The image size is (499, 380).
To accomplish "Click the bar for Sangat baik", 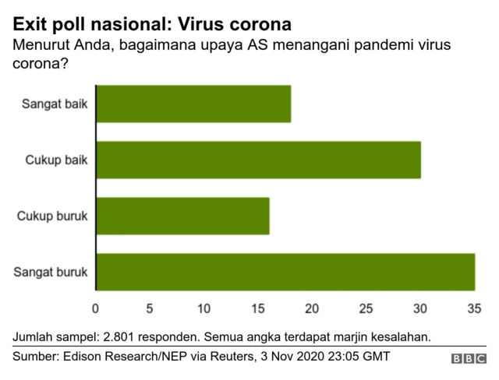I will pos(193,104).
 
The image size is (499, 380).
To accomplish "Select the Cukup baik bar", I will pos(258,160).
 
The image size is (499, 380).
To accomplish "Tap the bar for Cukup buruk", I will pos(182,216).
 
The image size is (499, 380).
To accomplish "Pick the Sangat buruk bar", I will pos(285,273).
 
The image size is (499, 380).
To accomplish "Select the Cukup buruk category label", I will pos(52,216).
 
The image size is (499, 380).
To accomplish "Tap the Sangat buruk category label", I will pos(51,273).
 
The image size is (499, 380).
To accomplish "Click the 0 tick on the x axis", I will pos(96,309).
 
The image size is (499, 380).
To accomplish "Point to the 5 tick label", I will pos(150,309).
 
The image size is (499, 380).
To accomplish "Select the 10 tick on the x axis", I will pos(204,309).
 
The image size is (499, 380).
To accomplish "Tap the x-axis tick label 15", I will pos(258,309).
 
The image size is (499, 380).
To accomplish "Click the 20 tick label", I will pos(312,309).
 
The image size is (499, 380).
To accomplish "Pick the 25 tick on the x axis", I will pos(366,309).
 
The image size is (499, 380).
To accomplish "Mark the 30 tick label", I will pos(420,309).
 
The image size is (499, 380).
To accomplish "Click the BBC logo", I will pos(468,359).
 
